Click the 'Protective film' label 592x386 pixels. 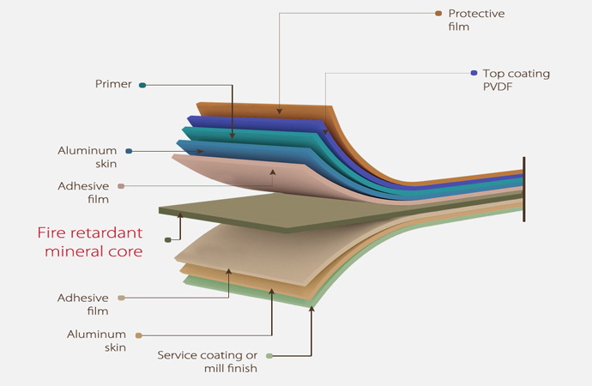476,20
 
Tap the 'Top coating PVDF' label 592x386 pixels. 516,80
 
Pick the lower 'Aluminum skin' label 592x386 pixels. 98,341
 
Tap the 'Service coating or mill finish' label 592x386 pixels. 208,362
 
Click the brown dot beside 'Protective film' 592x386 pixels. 438,13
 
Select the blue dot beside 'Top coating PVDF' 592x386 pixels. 474,73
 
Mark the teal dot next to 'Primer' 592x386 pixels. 142,85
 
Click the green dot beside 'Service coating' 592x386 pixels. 269,355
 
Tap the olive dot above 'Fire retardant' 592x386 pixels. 168,240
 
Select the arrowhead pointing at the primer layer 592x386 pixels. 233,135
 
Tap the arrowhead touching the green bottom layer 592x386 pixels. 311,307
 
